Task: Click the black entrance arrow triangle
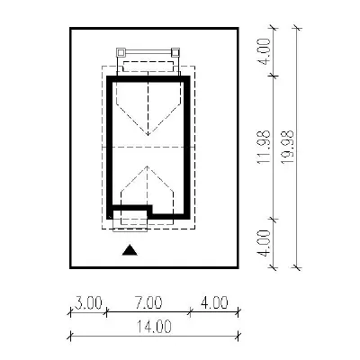tap(130, 250)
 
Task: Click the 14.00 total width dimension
tap(154, 327)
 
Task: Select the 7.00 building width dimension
tap(148, 302)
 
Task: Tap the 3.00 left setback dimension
tap(88, 302)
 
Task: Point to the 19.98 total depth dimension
tap(287, 147)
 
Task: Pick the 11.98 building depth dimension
tap(264, 147)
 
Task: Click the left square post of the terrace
tap(121, 52)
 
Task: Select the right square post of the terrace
tap(175, 52)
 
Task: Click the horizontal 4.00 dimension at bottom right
tap(214, 302)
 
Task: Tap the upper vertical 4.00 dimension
tap(265, 51)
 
